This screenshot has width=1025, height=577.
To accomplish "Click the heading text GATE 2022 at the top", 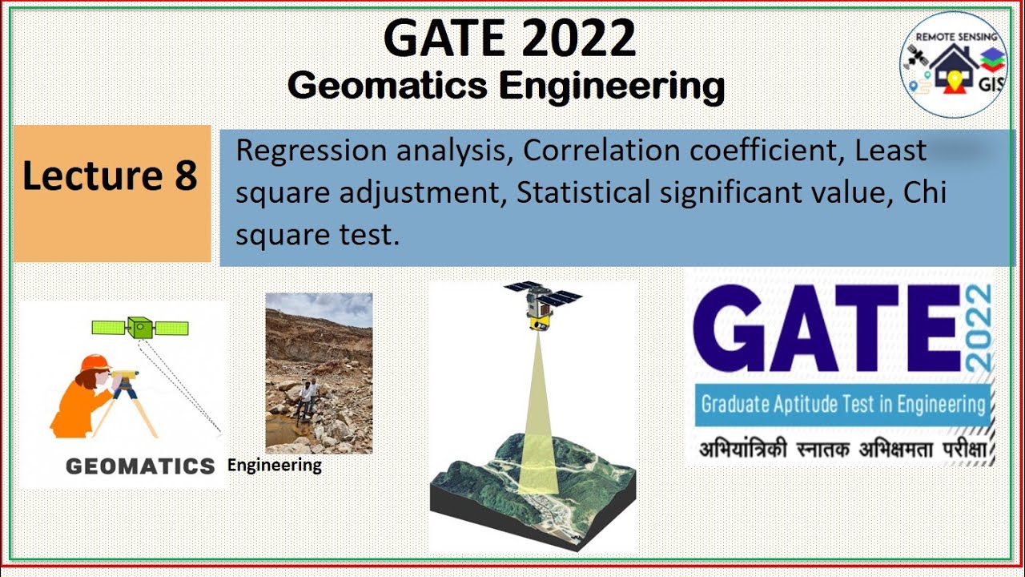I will coord(509,38).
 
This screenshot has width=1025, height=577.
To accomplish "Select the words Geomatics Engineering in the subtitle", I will coord(506,85).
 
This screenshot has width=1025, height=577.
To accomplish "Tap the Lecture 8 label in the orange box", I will coord(110,176).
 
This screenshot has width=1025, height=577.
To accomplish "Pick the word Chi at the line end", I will coord(927,194).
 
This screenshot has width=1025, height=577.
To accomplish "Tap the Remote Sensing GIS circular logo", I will coord(953,64).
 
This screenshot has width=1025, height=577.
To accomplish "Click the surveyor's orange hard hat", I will coord(95,363).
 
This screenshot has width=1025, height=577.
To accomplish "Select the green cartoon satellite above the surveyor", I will coord(140,328).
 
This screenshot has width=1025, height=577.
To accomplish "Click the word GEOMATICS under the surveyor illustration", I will coord(140,466).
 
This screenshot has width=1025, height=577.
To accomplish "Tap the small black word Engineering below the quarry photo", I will coord(275,465).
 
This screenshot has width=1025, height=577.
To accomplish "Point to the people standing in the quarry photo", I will coord(306,398).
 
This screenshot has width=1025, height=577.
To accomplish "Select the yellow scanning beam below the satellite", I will coord(537,417).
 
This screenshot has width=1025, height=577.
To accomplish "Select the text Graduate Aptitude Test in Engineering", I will coord(842,403).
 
